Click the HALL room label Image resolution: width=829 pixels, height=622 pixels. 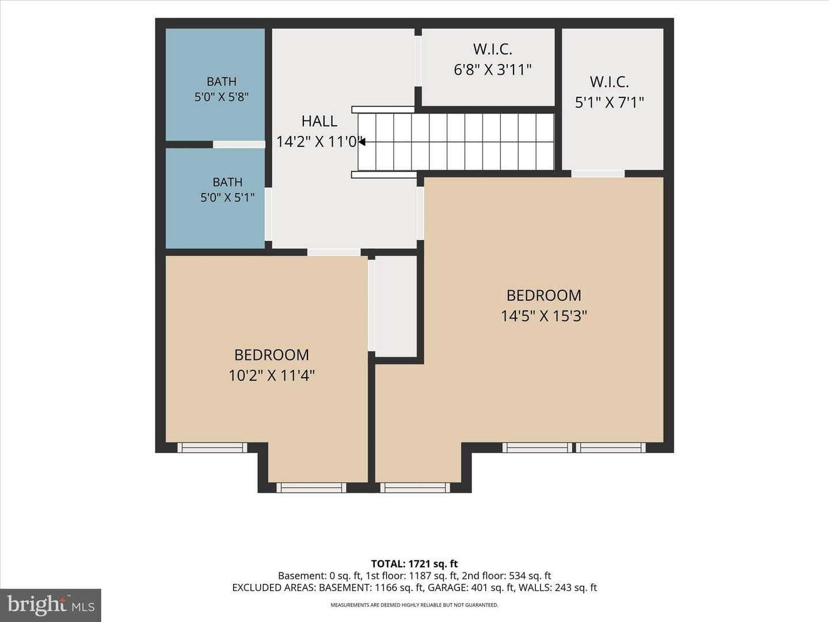pyautogui.click(x=319, y=121)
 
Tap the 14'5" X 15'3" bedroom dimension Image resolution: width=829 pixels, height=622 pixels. pyautogui.click(x=544, y=316)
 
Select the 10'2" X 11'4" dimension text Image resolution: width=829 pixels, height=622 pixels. pyautogui.click(x=272, y=376)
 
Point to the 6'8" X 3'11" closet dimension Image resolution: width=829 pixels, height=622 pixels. pyautogui.click(x=492, y=70)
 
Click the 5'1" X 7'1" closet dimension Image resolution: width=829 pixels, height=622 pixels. pyautogui.click(x=609, y=103)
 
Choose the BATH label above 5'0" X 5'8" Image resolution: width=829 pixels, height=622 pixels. pyautogui.click(x=222, y=82)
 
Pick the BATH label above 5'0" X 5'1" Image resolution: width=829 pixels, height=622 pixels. pyautogui.click(x=227, y=182)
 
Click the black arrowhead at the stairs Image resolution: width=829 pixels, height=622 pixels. pyautogui.click(x=362, y=142)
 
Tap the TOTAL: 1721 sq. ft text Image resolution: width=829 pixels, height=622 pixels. pyautogui.click(x=414, y=564)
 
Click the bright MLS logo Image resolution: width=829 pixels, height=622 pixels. pyautogui.click(x=51, y=605)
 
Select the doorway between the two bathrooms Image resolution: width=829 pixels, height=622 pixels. pyautogui.click(x=239, y=145)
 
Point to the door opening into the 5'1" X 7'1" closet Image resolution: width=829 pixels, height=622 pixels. pyautogui.click(x=598, y=174)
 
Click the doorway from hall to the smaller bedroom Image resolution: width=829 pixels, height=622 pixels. pyautogui.click(x=334, y=252)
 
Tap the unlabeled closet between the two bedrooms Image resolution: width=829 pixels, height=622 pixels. pyautogui.click(x=396, y=306)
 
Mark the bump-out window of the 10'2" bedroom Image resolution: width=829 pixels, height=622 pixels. pyautogui.click(x=311, y=488)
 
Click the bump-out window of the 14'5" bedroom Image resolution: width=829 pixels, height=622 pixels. pyautogui.click(x=415, y=488)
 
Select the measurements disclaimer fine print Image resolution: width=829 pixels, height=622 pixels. pyautogui.click(x=414, y=605)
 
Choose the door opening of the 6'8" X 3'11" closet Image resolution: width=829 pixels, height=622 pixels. pyautogui.click(x=418, y=61)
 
